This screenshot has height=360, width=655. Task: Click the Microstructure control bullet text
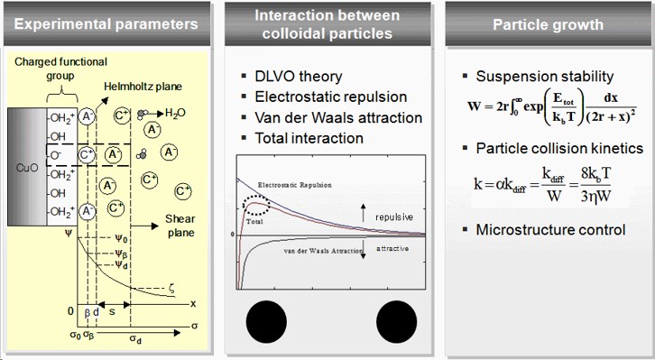coord(550,229)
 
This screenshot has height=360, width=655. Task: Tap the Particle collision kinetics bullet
coord(559,147)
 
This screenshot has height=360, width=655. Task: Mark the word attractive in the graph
coord(393,247)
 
